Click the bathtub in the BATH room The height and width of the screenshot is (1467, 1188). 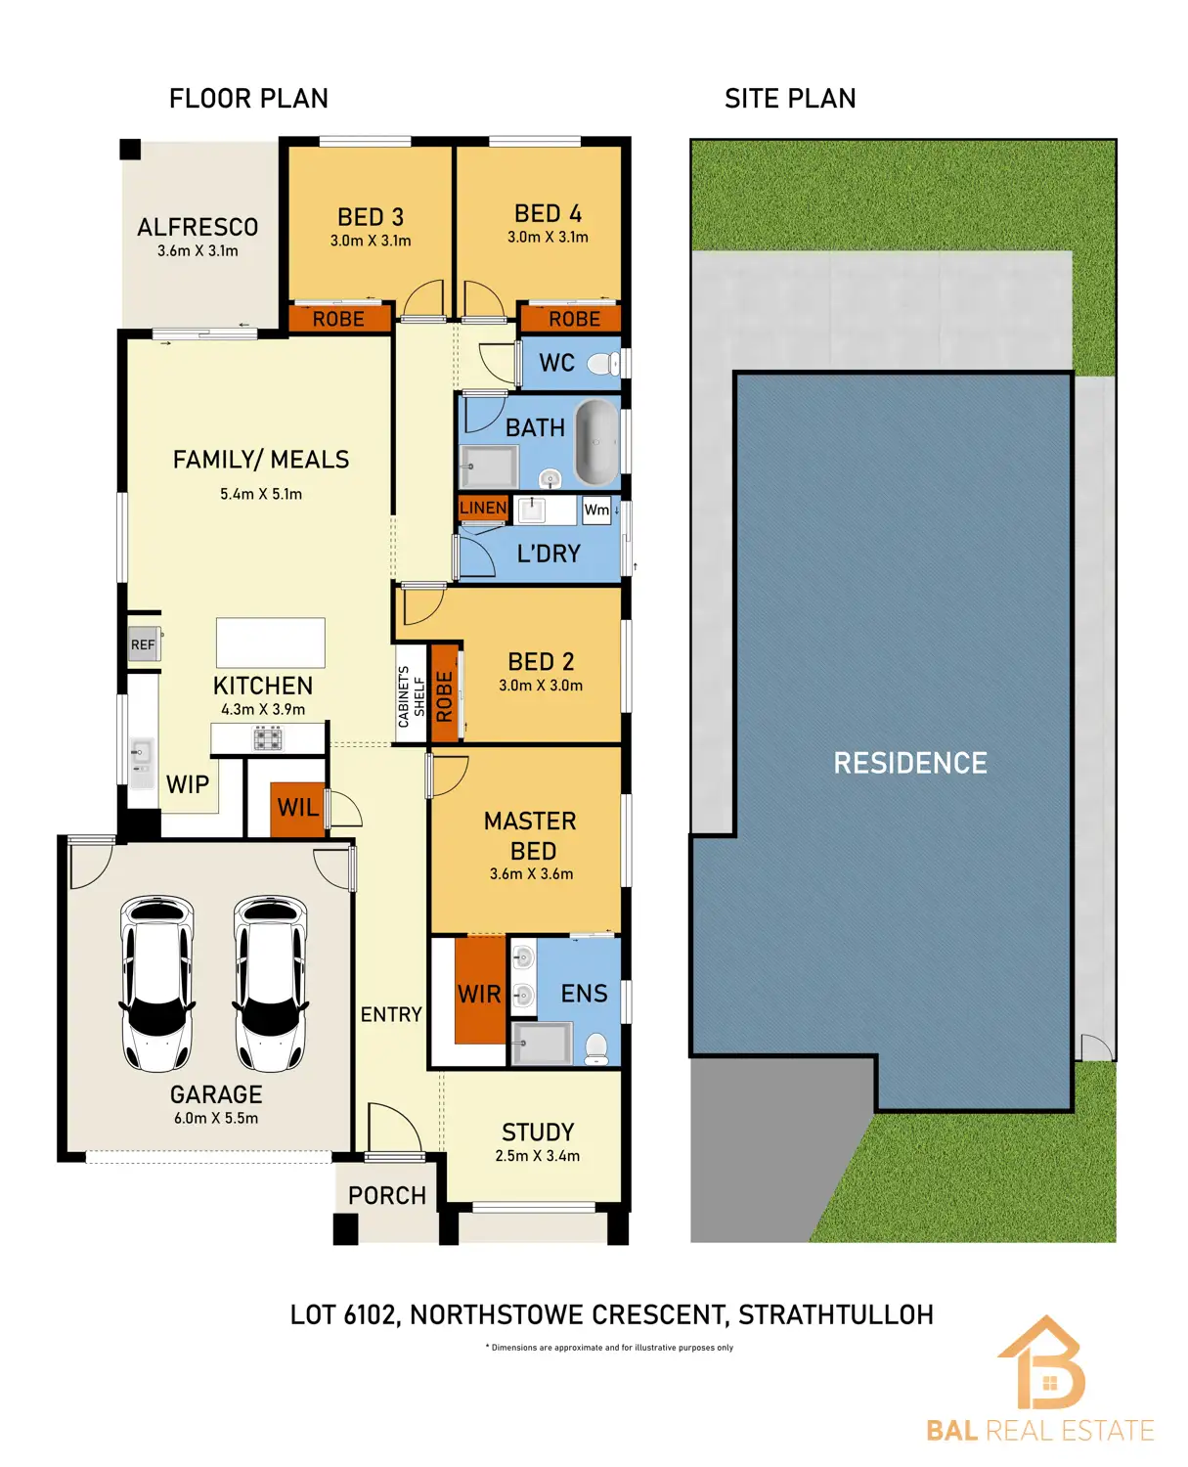click(x=595, y=442)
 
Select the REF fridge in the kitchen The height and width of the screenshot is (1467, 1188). click(x=144, y=645)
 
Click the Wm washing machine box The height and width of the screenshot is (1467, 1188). click(x=596, y=510)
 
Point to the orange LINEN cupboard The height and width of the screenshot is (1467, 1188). click(x=483, y=508)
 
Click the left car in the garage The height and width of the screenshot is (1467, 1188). click(x=156, y=983)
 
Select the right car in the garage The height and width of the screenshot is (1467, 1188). click(x=270, y=983)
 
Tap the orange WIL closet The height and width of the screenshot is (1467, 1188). click(x=297, y=808)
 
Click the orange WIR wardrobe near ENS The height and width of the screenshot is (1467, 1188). click(x=479, y=992)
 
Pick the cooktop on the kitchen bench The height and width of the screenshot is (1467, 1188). click(x=268, y=739)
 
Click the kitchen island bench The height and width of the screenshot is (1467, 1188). click(x=270, y=643)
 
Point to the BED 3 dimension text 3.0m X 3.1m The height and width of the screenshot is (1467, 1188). click(x=371, y=241)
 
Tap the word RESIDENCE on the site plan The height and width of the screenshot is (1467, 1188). click(x=910, y=763)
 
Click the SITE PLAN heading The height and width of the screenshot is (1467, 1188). click(x=790, y=99)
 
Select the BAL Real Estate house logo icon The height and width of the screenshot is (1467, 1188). click(x=1042, y=1363)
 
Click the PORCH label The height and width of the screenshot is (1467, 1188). click(x=387, y=1196)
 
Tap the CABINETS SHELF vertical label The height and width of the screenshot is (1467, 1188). click(x=411, y=696)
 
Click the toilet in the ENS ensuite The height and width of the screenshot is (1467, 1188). click(x=596, y=1049)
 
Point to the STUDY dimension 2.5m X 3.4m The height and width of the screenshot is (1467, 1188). click(x=538, y=1156)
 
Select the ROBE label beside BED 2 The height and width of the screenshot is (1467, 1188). click(x=445, y=695)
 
